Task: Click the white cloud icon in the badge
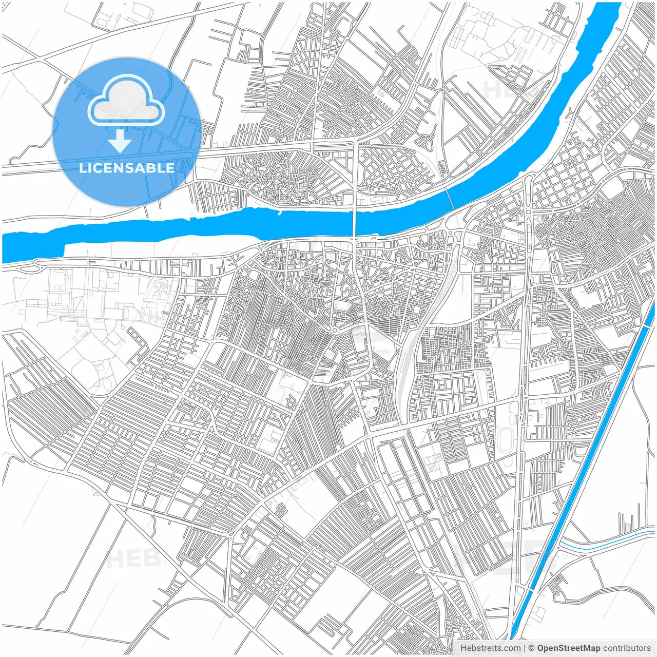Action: tap(126, 101)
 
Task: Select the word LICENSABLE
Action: tap(126, 168)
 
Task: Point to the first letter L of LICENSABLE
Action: tap(82, 168)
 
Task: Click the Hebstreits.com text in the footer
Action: tap(490, 648)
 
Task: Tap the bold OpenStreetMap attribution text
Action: tap(568, 648)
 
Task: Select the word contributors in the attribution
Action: tap(627, 648)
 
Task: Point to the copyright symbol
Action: tap(532, 648)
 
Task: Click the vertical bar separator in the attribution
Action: tap(525, 648)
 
